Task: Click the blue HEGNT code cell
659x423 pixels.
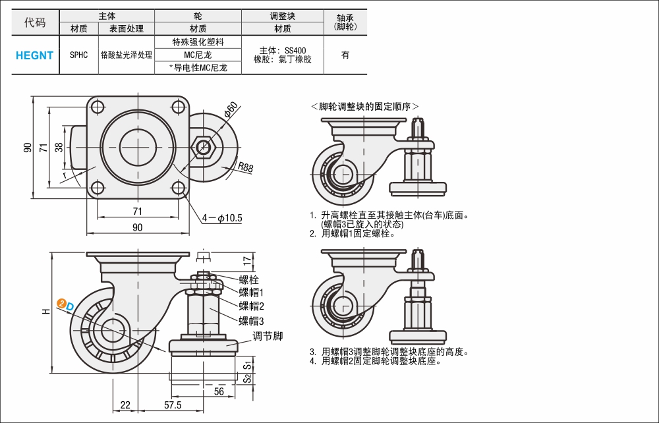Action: tap(35, 55)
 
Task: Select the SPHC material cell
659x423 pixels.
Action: tap(78, 55)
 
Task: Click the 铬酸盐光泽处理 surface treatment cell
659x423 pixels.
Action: tap(126, 55)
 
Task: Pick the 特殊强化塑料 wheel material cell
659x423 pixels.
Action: tap(198, 42)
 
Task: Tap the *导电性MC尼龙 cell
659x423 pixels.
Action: tap(198, 67)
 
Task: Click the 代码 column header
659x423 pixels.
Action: tap(35, 22)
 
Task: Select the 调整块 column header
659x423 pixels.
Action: tap(282, 16)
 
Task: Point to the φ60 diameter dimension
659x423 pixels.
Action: tap(231, 109)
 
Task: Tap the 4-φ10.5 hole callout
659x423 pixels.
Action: tap(223, 217)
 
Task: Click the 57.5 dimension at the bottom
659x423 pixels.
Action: tap(173, 405)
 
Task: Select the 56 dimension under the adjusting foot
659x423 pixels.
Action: tap(219, 391)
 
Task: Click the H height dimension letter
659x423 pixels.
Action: tap(45, 310)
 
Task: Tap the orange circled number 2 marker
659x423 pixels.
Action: tap(61, 303)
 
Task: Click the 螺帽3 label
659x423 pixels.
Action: tap(251, 321)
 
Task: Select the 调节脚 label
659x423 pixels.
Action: tap(268, 336)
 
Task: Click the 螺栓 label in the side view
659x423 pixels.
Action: tap(248, 279)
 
